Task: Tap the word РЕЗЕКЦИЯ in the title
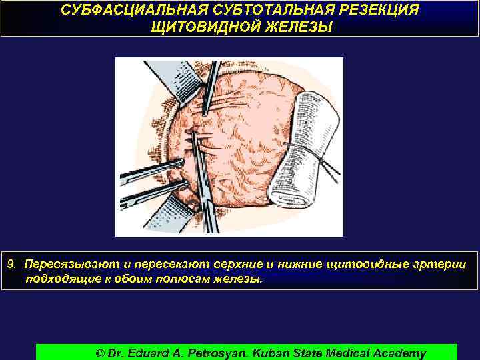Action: point(371,12)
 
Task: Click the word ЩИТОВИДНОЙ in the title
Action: point(205,28)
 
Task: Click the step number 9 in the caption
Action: point(11,265)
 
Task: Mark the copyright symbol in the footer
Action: point(101,353)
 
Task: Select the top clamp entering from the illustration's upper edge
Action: point(209,87)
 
